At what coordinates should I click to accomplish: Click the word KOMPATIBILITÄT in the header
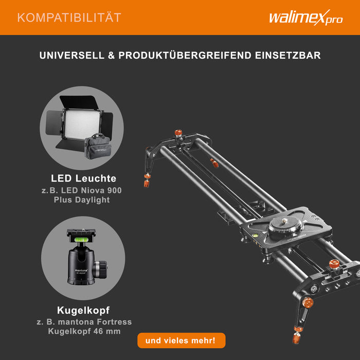tap(69, 17)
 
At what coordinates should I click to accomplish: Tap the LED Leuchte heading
tap(83, 178)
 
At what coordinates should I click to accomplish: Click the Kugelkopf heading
tap(83, 311)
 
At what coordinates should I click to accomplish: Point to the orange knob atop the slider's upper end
tap(180, 133)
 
